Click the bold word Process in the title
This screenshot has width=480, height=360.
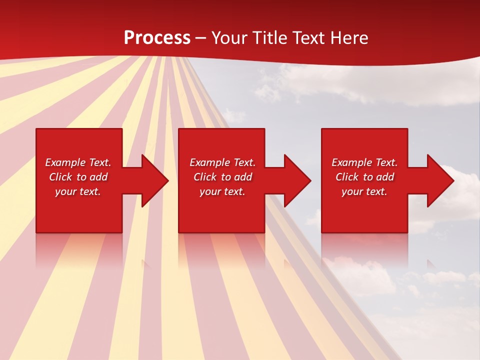tap(157, 38)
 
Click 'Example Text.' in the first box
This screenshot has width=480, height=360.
tap(78, 162)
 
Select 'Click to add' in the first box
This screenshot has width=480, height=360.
tap(78, 177)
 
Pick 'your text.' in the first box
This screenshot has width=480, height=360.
tap(78, 191)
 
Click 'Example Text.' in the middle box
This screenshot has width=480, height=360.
tap(222, 162)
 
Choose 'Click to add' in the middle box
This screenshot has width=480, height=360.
tap(222, 177)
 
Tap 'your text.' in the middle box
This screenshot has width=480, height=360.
tap(222, 191)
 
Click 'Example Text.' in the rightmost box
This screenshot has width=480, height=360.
tap(364, 162)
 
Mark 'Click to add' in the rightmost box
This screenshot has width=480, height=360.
tap(364, 177)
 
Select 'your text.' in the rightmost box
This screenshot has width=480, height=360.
tap(364, 191)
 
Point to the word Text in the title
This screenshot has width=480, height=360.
tap(310, 38)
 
